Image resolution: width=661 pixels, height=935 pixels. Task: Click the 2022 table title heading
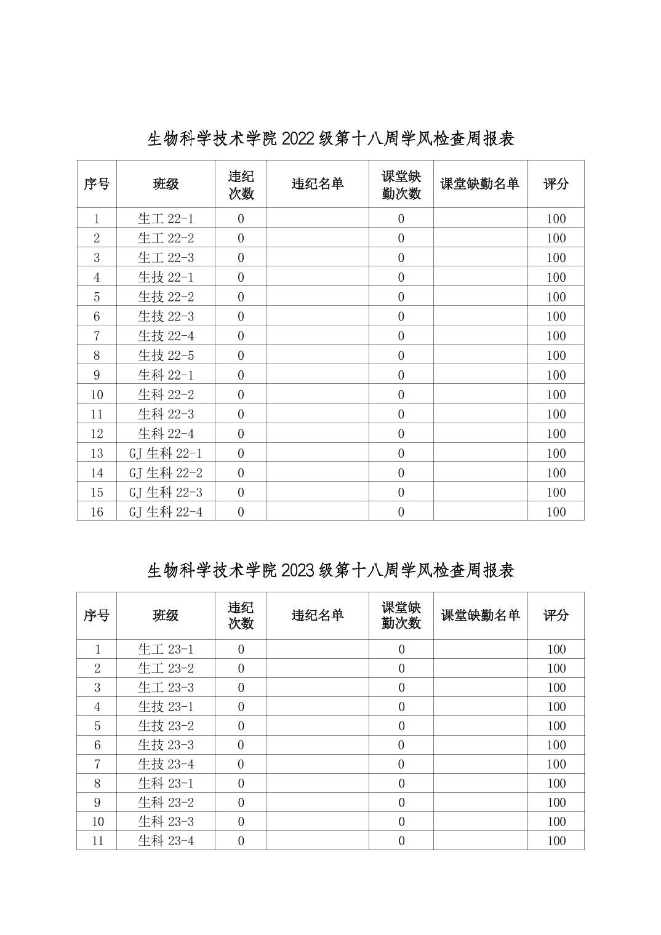point(330,138)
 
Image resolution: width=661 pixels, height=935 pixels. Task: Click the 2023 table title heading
point(330,570)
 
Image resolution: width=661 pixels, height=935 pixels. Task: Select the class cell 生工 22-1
point(166,218)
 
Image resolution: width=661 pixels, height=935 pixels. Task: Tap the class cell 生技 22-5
point(166,356)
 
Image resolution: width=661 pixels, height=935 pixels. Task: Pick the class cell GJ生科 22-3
point(166,492)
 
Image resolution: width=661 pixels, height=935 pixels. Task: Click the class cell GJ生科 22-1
point(166,453)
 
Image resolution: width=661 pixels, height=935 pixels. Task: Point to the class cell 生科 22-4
point(166,434)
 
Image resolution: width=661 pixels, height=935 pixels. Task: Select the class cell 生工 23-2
point(166,668)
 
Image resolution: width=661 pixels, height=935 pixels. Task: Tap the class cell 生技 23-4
point(166,764)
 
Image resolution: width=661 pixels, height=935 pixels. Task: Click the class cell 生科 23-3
point(166,821)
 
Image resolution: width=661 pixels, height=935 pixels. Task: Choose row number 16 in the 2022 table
point(97,512)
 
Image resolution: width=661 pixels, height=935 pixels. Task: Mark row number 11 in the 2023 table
point(97,840)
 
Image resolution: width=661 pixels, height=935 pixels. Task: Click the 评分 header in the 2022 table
point(556,184)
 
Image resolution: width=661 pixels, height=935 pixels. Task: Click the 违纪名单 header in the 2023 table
point(318,615)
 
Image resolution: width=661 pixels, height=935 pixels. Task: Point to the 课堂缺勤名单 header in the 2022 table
point(480,184)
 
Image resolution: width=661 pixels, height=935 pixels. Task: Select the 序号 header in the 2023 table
point(97,615)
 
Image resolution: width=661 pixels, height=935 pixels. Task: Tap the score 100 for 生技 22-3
point(556,316)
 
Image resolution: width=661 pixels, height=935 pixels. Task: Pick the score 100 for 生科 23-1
point(556,783)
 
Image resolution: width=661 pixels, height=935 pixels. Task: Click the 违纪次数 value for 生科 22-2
point(241,394)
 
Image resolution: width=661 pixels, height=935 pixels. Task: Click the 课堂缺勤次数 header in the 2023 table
point(401,615)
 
